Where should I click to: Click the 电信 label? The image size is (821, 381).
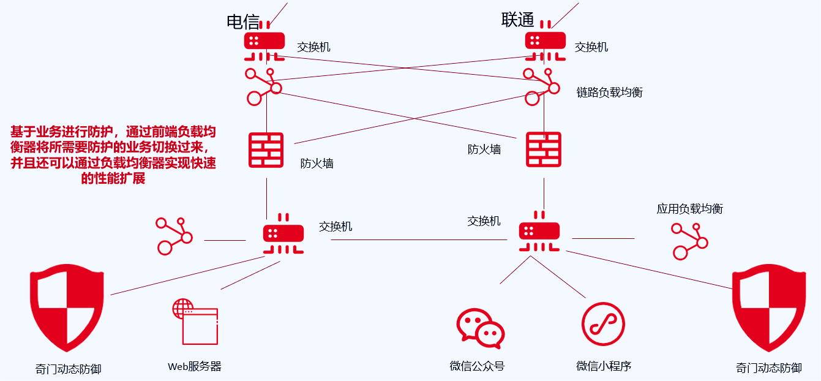(x=243, y=21)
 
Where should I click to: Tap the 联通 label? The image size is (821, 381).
(x=517, y=20)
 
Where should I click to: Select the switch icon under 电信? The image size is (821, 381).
(x=264, y=42)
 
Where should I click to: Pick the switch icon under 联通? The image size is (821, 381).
(x=545, y=42)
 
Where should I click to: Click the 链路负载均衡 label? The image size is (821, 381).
(x=609, y=92)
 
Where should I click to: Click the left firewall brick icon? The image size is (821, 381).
(x=266, y=150)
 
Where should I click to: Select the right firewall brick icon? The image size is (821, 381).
(x=544, y=149)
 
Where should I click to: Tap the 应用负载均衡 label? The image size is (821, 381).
(x=689, y=209)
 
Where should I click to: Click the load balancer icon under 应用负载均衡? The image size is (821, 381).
(x=689, y=241)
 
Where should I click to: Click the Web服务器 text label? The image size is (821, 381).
(x=195, y=367)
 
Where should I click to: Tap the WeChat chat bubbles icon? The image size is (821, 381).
(x=481, y=326)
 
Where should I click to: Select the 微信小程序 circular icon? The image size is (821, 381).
(x=603, y=324)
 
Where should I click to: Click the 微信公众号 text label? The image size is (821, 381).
(x=477, y=366)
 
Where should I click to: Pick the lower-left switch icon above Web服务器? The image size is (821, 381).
(x=283, y=233)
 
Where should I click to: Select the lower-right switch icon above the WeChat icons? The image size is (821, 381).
(x=539, y=232)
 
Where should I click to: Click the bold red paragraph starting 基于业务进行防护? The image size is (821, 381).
(x=113, y=156)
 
